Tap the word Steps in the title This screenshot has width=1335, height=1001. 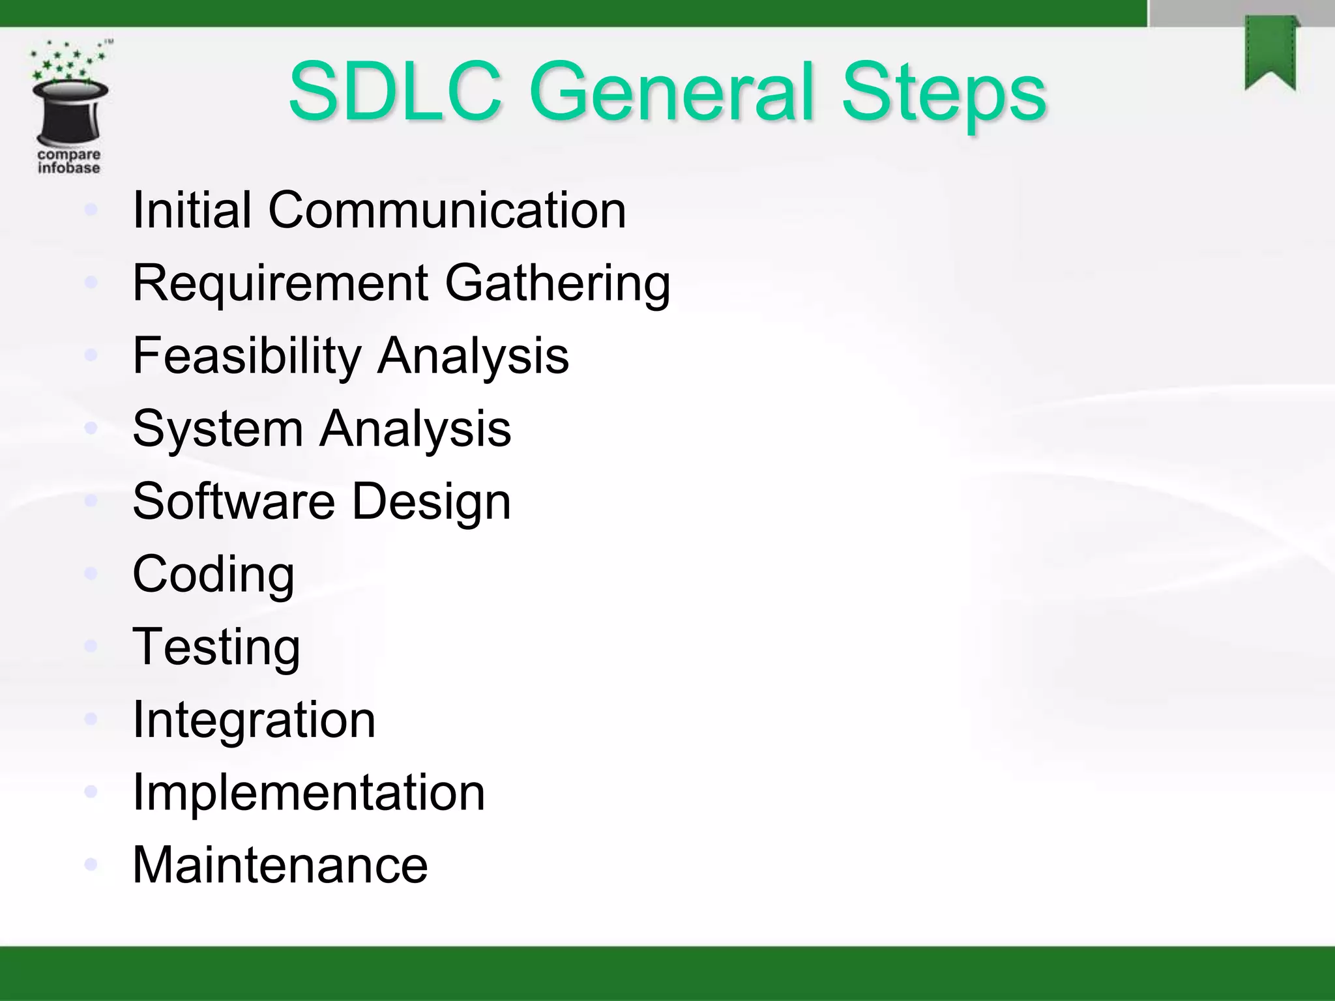click(x=943, y=93)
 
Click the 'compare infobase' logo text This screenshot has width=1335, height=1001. click(x=68, y=161)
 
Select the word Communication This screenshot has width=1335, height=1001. click(x=447, y=210)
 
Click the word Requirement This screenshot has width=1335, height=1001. click(x=280, y=283)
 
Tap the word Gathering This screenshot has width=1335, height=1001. click(x=557, y=283)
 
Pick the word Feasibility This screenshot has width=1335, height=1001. click(x=246, y=356)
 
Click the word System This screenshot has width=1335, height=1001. click(x=218, y=429)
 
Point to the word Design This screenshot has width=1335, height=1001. click(x=432, y=502)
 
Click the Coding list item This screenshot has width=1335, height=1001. click(x=213, y=575)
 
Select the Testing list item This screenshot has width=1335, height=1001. click(x=216, y=647)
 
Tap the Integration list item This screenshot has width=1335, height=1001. click(x=254, y=719)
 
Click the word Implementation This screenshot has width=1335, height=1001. click(x=308, y=792)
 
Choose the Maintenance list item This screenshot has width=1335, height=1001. click(x=280, y=865)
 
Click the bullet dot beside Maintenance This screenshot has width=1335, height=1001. click(x=91, y=864)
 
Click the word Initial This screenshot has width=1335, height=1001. click(x=192, y=210)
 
